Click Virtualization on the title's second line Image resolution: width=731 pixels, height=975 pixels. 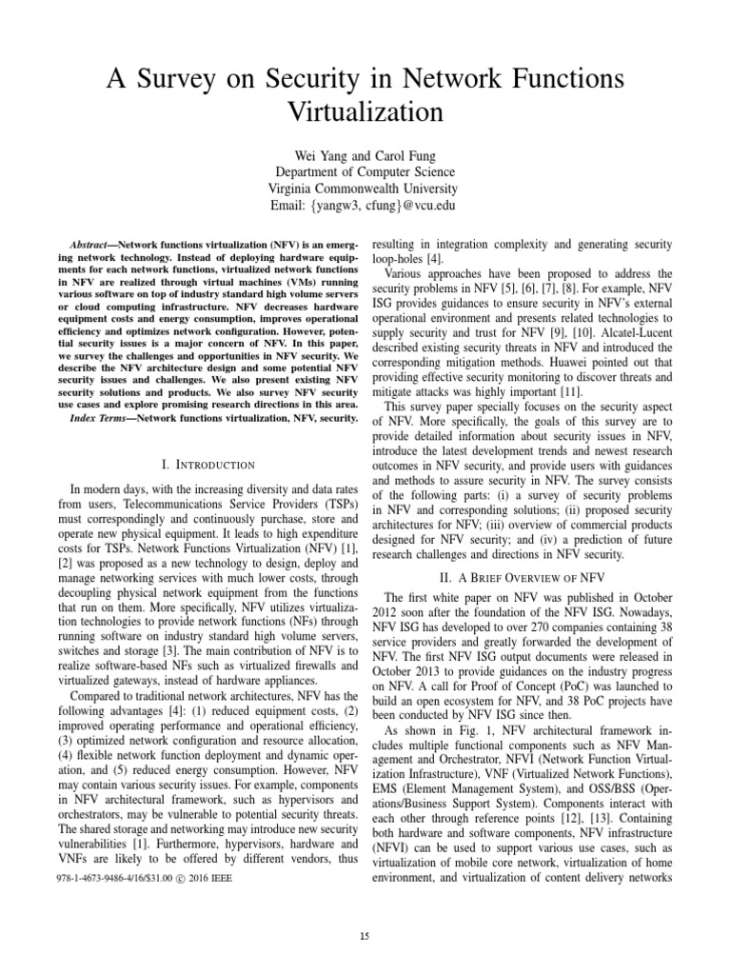coord(365,112)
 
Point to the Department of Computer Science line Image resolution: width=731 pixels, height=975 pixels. coord(365,171)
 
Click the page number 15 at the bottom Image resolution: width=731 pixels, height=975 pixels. coord(365,937)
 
